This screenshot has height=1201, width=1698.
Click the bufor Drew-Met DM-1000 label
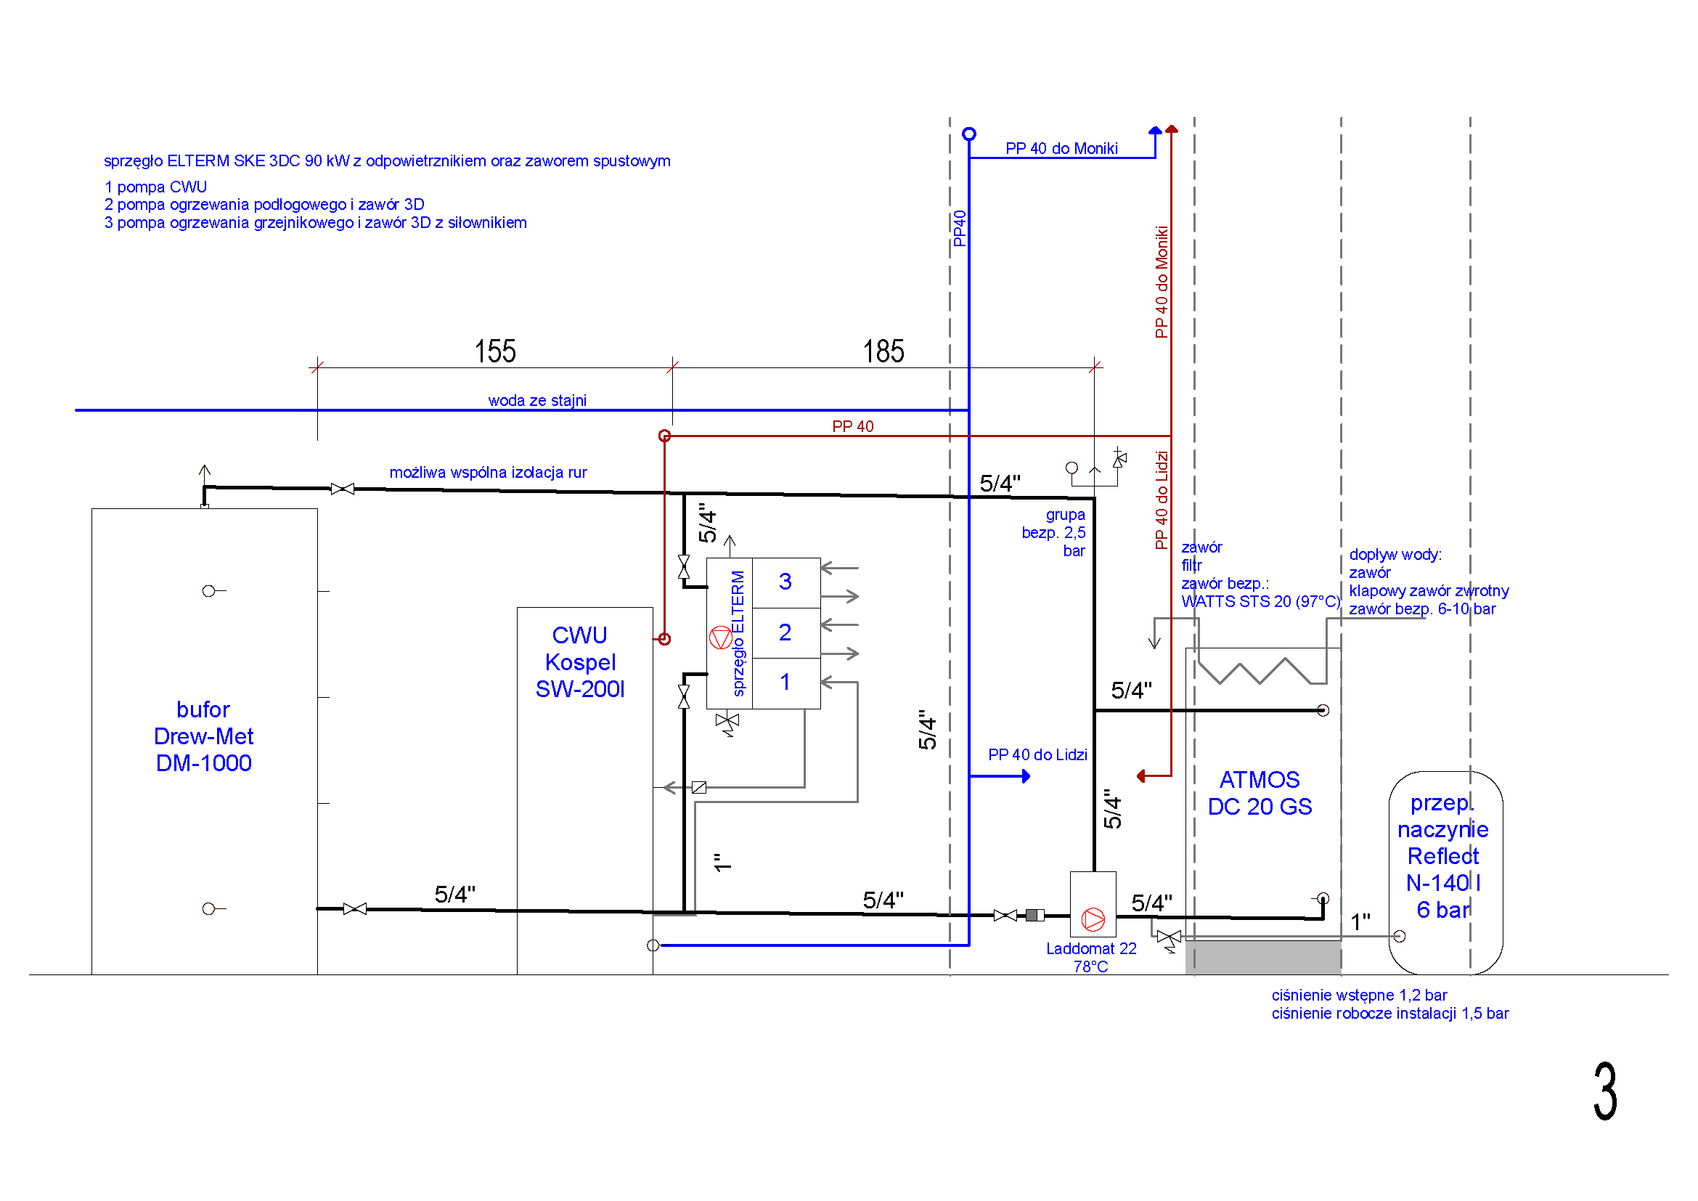[203, 736]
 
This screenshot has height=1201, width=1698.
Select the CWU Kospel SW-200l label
[580, 662]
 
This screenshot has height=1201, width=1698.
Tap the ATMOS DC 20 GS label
[1260, 793]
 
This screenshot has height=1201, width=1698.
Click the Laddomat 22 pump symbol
[1093, 919]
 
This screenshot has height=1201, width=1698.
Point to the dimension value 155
[495, 351]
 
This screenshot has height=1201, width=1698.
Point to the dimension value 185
[883, 351]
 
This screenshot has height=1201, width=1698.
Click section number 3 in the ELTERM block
[785, 582]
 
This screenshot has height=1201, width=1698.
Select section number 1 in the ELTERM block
[785, 682]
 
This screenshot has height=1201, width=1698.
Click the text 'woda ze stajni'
[537, 400]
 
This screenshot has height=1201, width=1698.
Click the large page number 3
[1605, 1091]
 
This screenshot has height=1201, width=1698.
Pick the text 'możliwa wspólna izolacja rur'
[488, 472]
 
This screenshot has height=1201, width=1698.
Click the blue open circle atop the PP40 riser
[969, 134]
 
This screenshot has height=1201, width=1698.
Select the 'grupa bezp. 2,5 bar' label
[1054, 532]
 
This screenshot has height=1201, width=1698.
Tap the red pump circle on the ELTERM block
[721, 638]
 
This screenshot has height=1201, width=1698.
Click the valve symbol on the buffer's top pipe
[343, 489]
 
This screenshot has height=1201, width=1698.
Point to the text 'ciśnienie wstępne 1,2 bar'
[1359, 995]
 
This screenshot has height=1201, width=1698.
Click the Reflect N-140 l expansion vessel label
[1443, 855]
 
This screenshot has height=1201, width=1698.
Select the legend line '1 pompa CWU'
[155, 187]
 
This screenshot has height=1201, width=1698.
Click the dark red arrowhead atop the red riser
[1172, 129]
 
